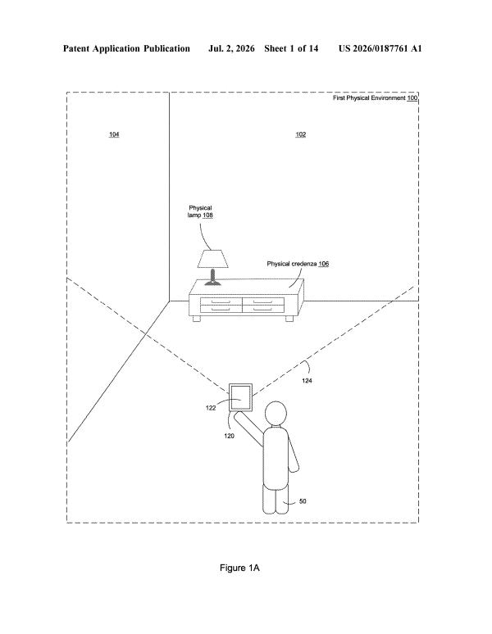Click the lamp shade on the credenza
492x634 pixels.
213,259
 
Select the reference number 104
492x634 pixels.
114,134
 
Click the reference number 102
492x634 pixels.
301,134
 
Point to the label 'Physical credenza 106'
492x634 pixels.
298,264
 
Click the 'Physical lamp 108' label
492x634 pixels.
200,211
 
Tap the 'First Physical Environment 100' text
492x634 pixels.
375,97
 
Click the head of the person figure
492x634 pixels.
276,413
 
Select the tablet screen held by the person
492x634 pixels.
241,398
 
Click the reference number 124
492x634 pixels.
307,380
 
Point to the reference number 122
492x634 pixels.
211,408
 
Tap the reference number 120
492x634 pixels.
229,436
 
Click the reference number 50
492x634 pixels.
303,501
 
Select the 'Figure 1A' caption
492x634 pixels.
239,568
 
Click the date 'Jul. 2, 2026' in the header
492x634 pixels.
231,49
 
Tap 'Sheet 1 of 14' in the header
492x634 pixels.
291,49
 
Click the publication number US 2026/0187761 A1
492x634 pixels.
380,49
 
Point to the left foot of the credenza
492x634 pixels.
197,318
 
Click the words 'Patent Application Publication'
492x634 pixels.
126,49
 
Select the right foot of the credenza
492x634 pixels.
289,318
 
